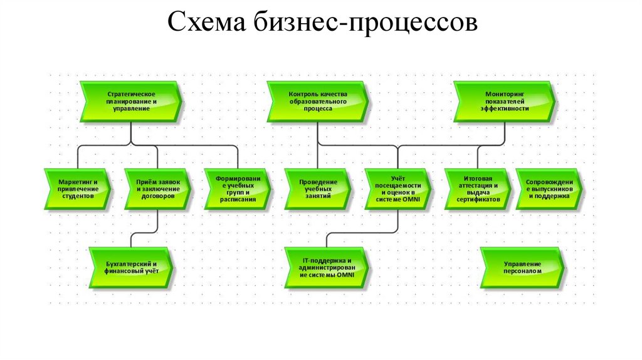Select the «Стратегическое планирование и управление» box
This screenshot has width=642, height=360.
click(131, 101)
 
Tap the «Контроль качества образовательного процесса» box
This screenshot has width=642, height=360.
click(318, 101)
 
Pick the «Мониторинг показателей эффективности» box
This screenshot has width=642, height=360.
click(505, 101)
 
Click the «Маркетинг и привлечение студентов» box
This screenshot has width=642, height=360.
click(78, 188)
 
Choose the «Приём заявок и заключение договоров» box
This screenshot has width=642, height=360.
click(157, 188)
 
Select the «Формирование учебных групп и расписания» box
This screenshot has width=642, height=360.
click(238, 188)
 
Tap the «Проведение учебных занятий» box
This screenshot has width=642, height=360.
click(317, 188)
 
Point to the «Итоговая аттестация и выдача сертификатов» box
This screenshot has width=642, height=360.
click(478, 188)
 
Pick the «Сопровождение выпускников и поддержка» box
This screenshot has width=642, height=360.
click(549, 188)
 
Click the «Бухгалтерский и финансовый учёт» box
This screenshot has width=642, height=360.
click(131, 267)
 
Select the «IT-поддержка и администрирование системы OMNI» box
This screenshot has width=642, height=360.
click(327, 267)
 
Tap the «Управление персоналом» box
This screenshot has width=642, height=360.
click(522, 267)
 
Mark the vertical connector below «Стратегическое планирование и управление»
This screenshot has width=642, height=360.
click(131, 134)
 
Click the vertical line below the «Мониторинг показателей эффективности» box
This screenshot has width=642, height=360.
click(505, 134)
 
